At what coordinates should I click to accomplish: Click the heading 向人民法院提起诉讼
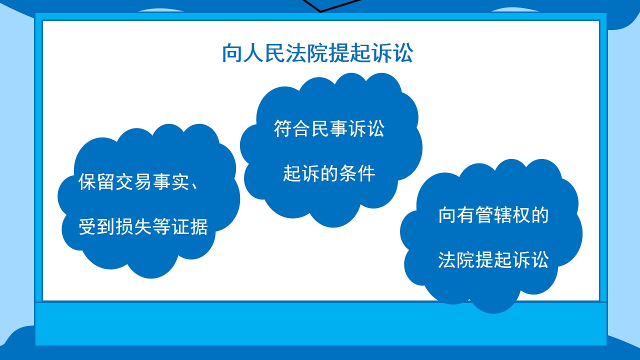coord(317,53)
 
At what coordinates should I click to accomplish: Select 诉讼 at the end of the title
coord(392,53)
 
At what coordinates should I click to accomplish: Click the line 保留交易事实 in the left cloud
coord(133,181)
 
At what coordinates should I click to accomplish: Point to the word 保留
coord(96,181)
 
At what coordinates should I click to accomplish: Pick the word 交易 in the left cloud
coord(133,181)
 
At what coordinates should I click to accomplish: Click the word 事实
coord(170,181)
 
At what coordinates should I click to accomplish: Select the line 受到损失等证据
coord(143,226)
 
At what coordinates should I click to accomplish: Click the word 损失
coord(133,226)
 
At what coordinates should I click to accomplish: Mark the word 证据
coord(189,226)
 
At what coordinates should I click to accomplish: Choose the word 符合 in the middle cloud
coord(292,128)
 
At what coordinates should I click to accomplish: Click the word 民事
coord(329,128)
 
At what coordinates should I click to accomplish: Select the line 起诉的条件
coord(329,173)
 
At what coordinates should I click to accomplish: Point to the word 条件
coord(357,173)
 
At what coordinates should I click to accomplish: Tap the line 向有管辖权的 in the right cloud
coord(493,215)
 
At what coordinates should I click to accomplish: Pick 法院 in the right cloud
coord(456,259)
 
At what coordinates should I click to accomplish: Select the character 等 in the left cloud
coord(161,226)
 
